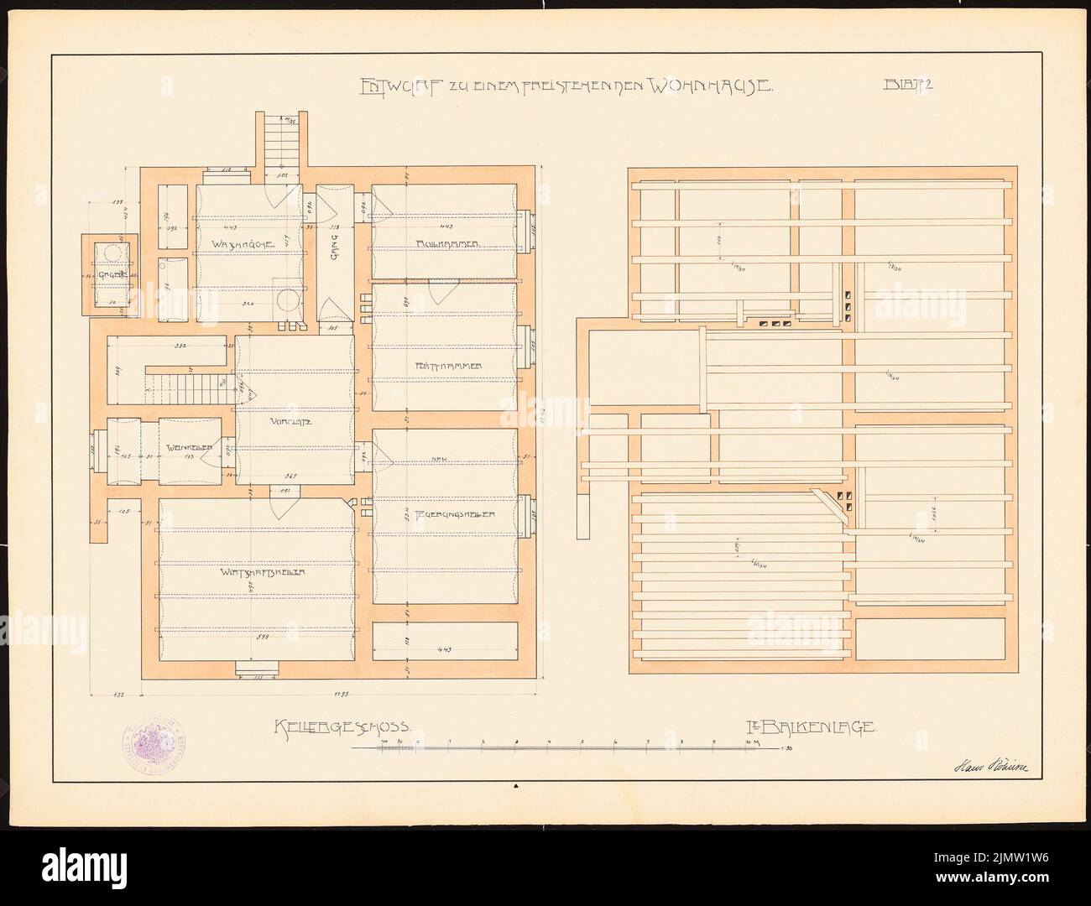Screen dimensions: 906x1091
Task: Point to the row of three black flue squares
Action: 775,323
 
